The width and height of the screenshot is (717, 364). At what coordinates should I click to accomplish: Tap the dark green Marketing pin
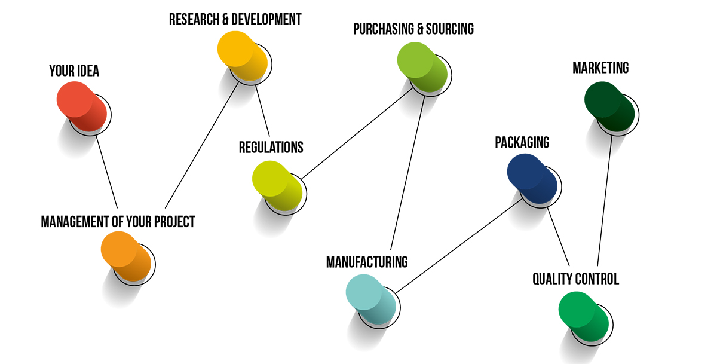point(609,108)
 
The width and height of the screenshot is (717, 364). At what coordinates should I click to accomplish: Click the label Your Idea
point(74,71)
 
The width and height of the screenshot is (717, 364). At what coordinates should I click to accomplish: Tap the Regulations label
point(271,147)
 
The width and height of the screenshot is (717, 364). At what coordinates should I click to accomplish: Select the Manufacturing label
point(367,262)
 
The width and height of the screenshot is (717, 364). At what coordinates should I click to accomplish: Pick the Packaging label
point(522,143)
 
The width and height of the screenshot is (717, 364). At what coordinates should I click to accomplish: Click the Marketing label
point(600,68)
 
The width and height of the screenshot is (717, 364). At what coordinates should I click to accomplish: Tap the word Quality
point(553,279)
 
